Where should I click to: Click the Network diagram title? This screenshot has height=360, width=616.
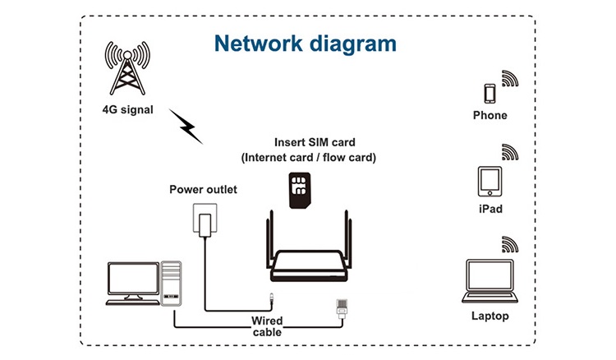tap(305, 43)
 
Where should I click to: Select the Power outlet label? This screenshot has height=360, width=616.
tap(203, 190)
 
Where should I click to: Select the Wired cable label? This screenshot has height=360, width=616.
tap(267, 325)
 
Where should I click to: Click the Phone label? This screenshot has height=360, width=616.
tap(490, 116)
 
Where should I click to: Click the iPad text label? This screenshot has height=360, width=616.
tap(490, 209)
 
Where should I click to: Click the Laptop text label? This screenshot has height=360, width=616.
tap(490, 316)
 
